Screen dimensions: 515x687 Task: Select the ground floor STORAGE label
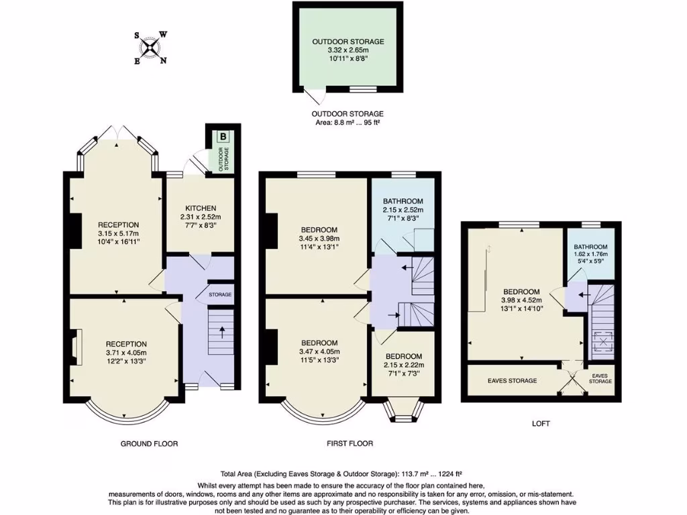coord(220,295)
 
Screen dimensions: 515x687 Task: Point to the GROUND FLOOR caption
coord(150,443)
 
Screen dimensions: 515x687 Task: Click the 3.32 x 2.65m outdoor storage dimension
coord(348,50)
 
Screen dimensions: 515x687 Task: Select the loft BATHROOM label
coord(590,247)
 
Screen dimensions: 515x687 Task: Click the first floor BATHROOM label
coord(403,201)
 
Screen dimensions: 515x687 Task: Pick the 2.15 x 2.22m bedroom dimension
coord(403,365)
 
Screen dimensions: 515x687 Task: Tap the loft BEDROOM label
coord(521,291)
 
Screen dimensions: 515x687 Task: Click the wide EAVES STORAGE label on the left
coord(512,381)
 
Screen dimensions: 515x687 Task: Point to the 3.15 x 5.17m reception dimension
coord(118,233)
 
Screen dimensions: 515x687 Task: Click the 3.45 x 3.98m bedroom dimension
coord(319,238)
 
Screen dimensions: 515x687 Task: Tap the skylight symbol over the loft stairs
coord(602,343)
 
